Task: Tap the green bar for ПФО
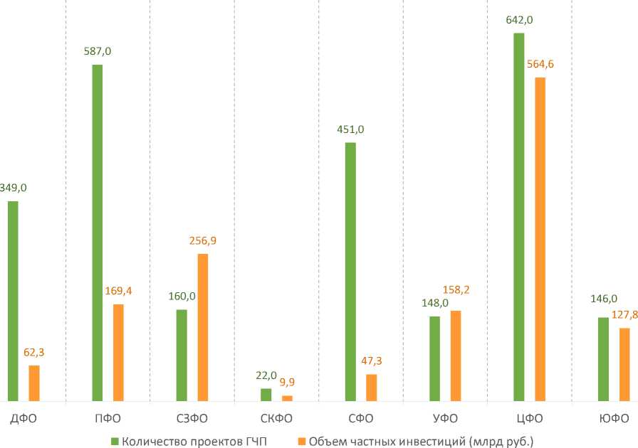coord(97,233)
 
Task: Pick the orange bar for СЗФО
coord(202,327)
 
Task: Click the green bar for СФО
coord(350,272)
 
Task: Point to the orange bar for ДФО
coord(34,383)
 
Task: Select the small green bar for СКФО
coord(266,395)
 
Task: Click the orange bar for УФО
coord(456,356)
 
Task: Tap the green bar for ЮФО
coord(603,359)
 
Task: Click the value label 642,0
coord(519,20)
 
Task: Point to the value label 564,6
coord(540,64)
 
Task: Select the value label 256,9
coord(202,241)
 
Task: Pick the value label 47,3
coord(372,361)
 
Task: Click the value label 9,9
coord(287,383)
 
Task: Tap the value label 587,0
coord(98,51)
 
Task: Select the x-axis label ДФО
coord(23,418)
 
